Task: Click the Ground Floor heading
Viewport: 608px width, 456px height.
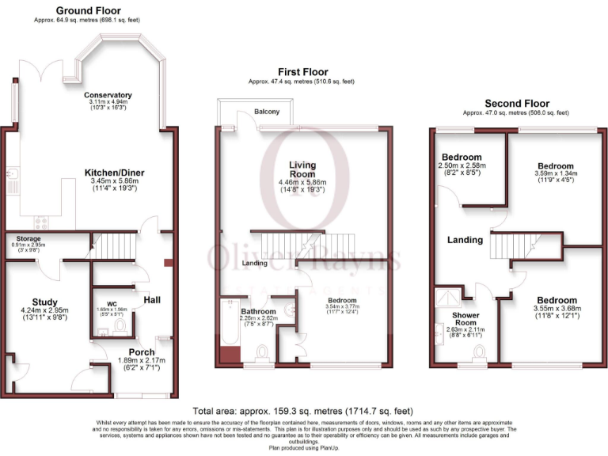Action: (x=89, y=10)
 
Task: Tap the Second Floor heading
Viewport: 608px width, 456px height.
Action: (x=515, y=104)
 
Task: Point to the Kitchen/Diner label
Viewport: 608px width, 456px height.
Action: (x=115, y=172)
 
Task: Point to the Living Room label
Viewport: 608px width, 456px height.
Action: (x=302, y=169)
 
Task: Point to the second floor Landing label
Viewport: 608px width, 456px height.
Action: (x=465, y=241)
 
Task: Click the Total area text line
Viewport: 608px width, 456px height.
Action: (x=303, y=411)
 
